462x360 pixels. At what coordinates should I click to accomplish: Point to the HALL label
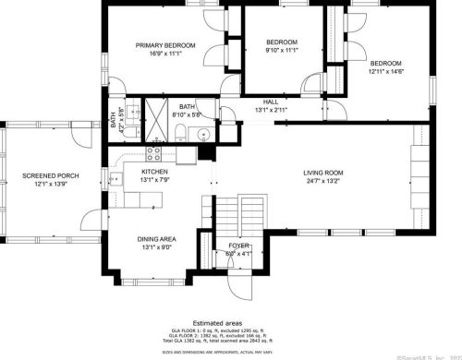pos(270,102)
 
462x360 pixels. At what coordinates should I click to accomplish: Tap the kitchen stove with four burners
pos(154,155)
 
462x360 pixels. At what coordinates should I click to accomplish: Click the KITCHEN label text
pos(154,172)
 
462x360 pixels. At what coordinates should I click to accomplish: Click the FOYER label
pos(238,246)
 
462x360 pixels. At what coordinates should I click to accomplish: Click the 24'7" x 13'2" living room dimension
pos(323,181)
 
